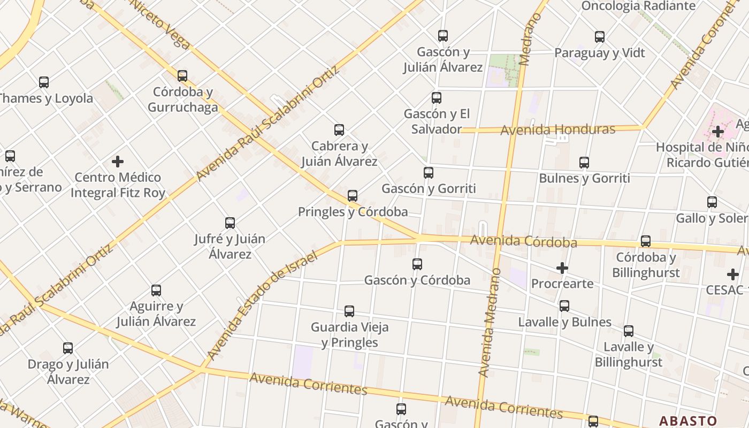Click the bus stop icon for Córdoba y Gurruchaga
point(182,76)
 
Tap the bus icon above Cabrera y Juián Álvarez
point(339,130)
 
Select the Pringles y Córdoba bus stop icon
point(353,196)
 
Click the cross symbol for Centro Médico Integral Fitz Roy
point(118,162)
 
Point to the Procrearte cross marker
point(562,268)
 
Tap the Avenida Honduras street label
point(557,129)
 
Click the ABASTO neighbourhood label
point(687,421)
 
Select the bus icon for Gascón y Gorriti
point(429,173)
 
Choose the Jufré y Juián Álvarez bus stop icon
point(230,223)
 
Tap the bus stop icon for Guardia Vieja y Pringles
point(349,311)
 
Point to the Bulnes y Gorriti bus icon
point(584,163)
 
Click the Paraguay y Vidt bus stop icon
point(600,37)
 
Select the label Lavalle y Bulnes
point(564,322)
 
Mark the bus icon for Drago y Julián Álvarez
point(68,348)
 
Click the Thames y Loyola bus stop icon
point(44,82)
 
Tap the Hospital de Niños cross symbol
point(718,132)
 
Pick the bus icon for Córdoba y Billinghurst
point(646,241)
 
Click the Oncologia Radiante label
point(638,6)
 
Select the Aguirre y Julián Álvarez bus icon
point(156,291)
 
